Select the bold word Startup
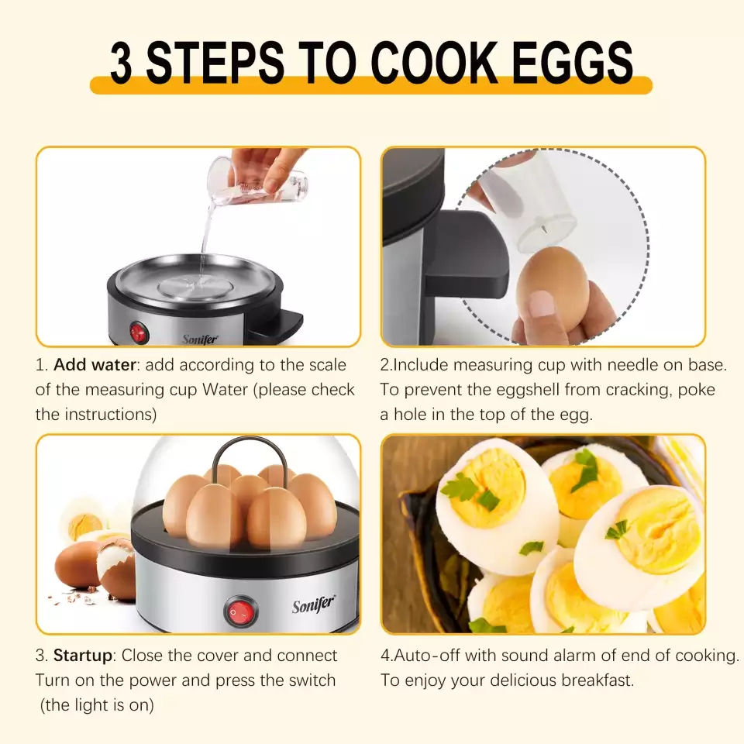click(x=83, y=656)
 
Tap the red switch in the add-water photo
click(x=139, y=332)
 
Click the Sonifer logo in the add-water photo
click(x=201, y=339)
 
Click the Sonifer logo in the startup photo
click(x=313, y=604)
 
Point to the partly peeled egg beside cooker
click(x=116, y=570)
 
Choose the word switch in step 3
click(x=308, y=681)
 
